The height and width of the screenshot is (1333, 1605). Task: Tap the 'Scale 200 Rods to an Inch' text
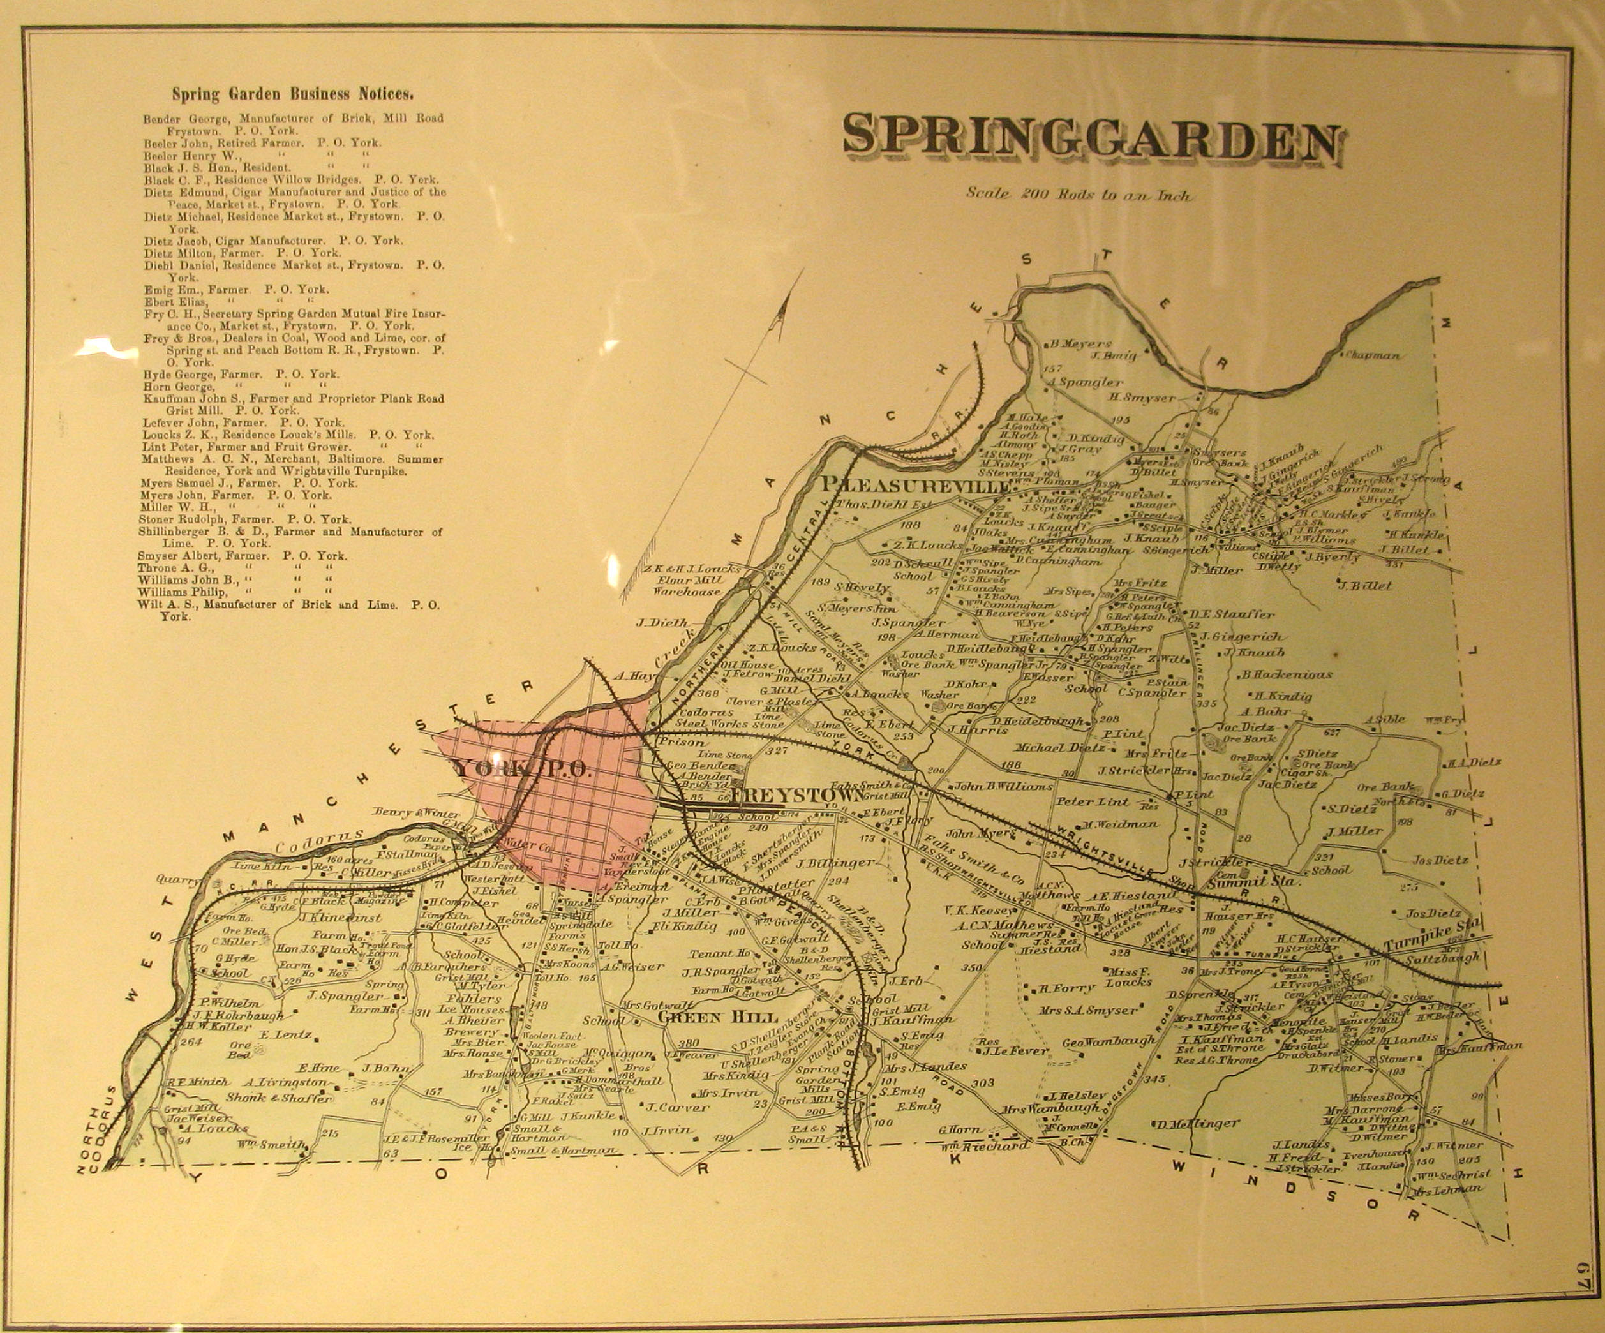pos(1078,194)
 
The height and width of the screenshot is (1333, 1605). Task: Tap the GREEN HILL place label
pos(718,1017)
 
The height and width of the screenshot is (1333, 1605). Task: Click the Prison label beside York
pos(682,741)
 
